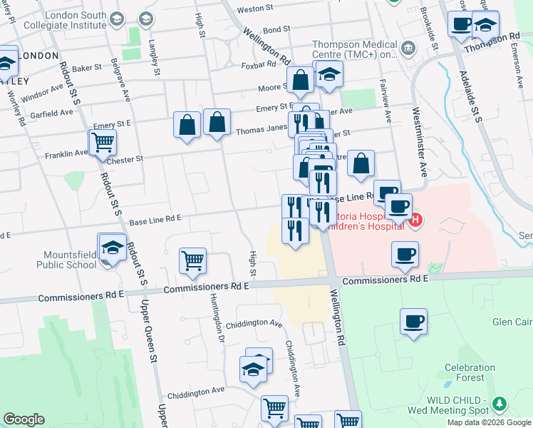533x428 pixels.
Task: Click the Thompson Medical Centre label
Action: tap(354, 49)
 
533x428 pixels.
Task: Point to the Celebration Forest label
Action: tap(470, 372)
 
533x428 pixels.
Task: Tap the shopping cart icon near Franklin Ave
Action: tap(103, 142)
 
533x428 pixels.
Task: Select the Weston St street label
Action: tap(255, 9)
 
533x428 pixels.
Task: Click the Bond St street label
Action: tap(276, 30)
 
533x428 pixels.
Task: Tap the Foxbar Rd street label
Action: tap(259, 64)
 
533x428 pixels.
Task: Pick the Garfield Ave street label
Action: tap(51, 113)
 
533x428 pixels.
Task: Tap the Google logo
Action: tap(24, 419)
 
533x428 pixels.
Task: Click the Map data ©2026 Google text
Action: tap(488, 422)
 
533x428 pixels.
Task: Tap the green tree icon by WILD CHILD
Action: tap(500, 404)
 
